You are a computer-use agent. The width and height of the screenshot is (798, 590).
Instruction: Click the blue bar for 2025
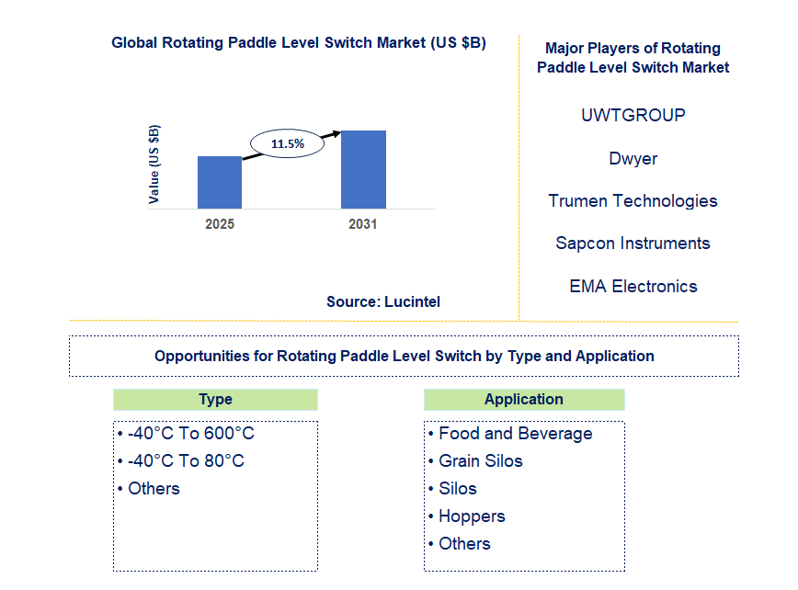pos(220,182)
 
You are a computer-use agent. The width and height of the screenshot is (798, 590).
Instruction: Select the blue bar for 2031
pos(363,169)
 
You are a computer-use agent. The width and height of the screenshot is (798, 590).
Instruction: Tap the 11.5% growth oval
pos(288,144)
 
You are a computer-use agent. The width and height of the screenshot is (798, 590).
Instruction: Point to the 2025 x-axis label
pos(220,224)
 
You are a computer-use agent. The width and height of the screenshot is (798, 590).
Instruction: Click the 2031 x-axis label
pos(362,224)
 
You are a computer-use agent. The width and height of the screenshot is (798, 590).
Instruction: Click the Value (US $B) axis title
pos(154,164)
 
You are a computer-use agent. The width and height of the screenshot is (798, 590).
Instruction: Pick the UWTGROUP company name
pos(633,116)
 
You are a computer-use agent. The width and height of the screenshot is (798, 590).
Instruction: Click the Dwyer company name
pos(633,158)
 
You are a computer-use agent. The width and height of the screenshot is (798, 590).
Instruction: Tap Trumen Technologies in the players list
pos(633,200)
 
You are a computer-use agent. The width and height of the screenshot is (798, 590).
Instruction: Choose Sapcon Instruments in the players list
pos(633,244)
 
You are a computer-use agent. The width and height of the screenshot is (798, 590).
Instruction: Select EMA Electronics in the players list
pos(633,286)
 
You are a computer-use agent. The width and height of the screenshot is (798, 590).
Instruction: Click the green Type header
pos(215,400)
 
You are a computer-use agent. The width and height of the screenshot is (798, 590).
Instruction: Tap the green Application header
pos(524,400)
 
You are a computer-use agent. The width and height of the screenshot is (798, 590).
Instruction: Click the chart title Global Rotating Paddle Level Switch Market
pos(299,43)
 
